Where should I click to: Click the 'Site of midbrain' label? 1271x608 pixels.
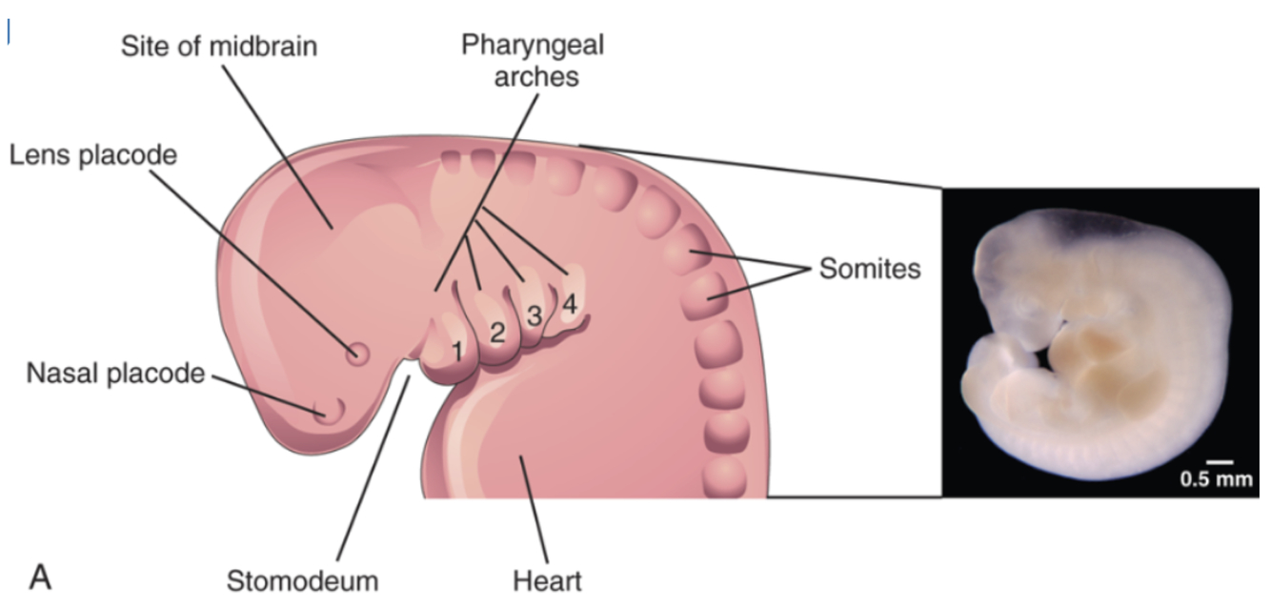(x=220, y=46)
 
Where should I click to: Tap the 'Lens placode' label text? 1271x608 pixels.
(x=93, y=155)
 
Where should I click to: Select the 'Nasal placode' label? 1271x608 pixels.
(x=115, y=374)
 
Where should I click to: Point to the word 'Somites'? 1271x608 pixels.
(x=870, y=270)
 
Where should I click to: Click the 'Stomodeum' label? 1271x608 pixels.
(x=302, y=579)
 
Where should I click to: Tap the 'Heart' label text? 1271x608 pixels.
(x=547, y=579)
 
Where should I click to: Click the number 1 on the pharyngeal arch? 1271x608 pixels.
(x=457, y=351)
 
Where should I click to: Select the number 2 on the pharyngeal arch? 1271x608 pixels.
(x=496, y=333)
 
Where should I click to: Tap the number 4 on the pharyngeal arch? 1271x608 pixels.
(x=570, y=305)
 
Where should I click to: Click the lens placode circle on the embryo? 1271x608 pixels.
(x=358, y=355)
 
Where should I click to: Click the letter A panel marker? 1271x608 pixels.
(x=39, y=576)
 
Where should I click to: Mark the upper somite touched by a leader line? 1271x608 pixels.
(x=692, y=253)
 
